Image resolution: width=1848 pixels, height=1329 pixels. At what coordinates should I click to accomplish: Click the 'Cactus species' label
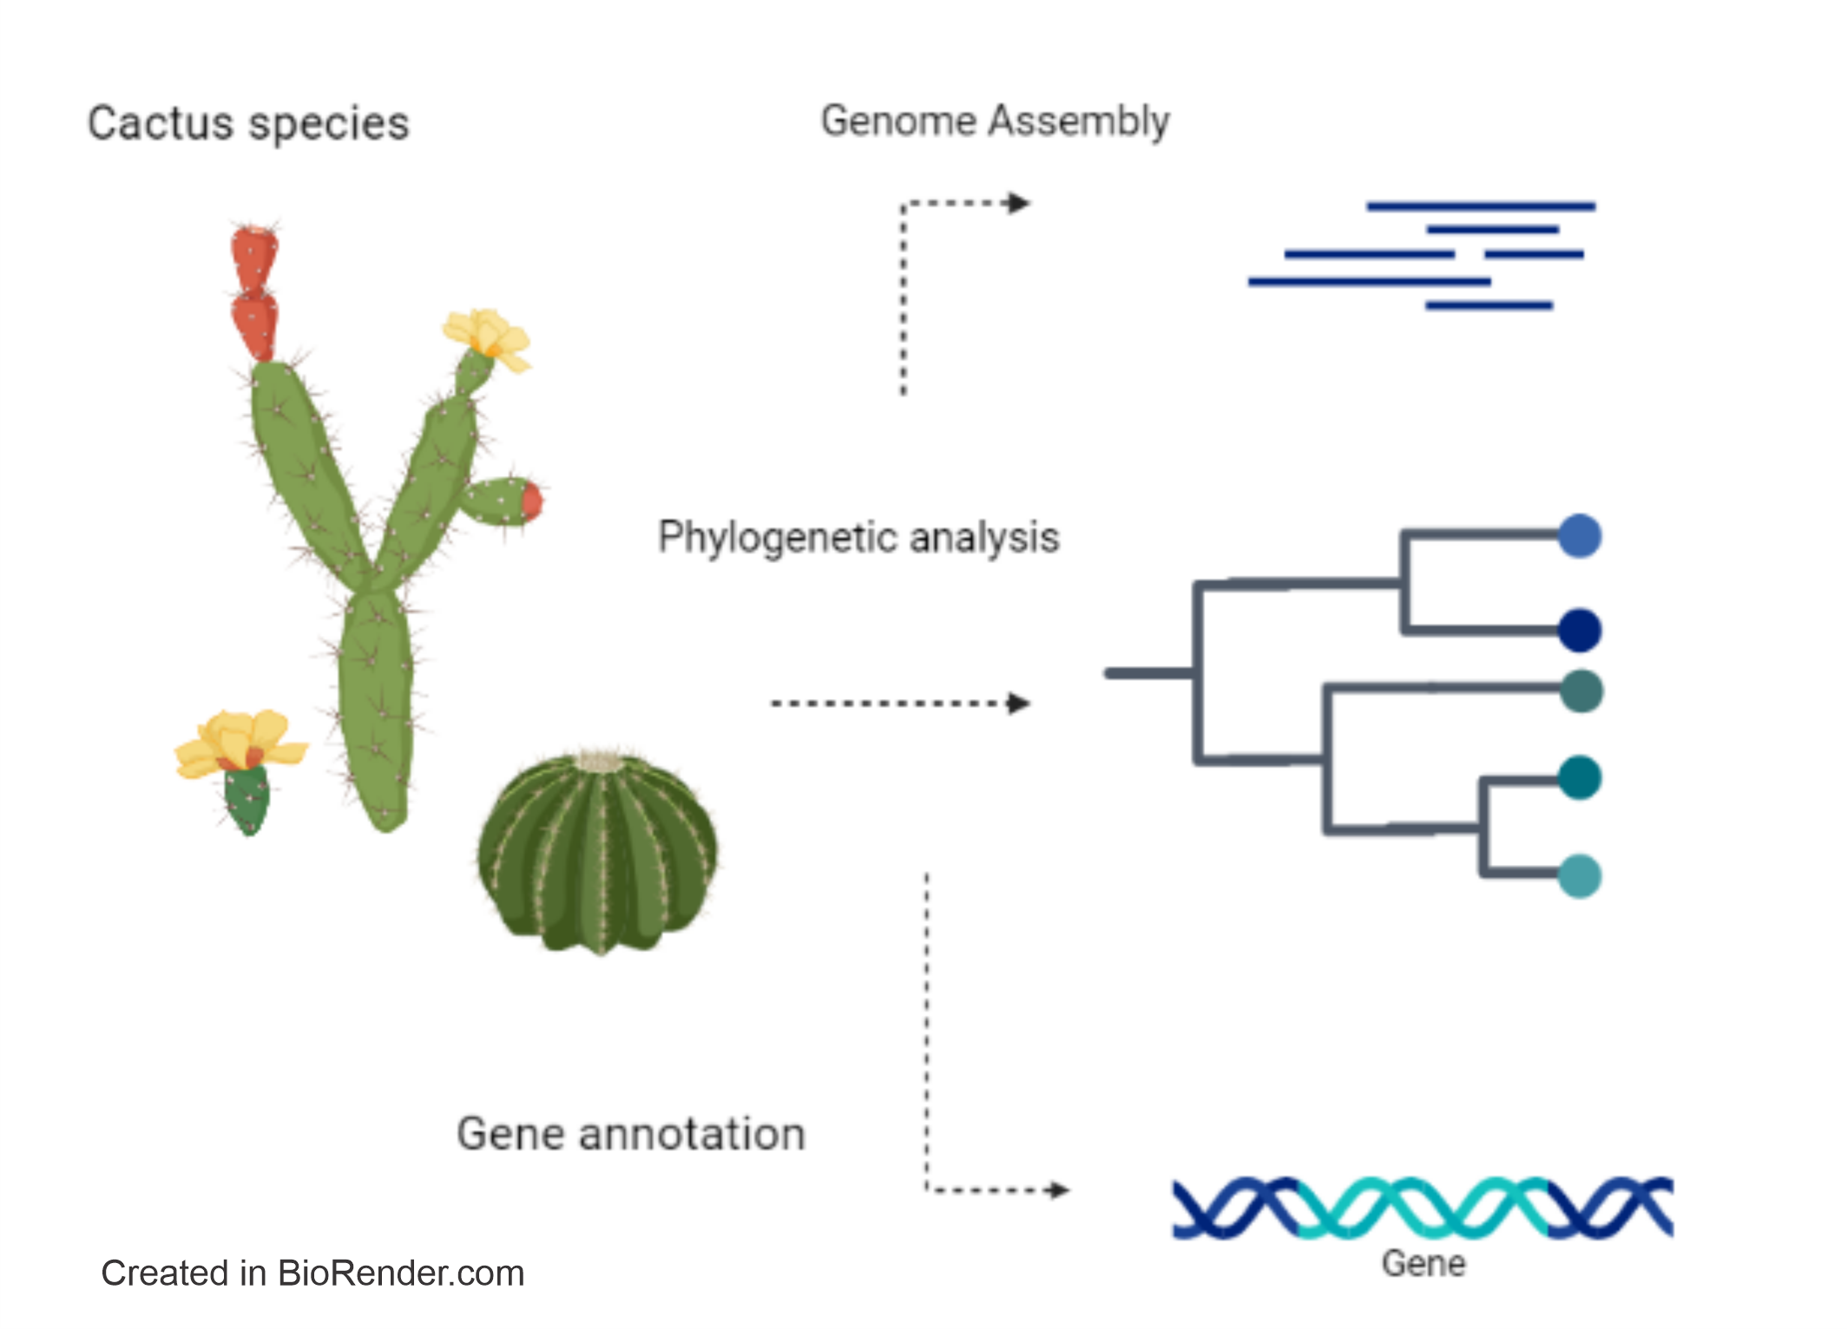(x=248, y=124)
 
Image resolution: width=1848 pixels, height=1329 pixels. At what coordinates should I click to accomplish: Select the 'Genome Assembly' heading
(x=995, y=121)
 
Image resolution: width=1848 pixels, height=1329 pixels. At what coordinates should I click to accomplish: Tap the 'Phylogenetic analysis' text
(x=858, y=538)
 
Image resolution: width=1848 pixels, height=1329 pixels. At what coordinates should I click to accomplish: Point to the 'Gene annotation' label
(x=631, y=1134)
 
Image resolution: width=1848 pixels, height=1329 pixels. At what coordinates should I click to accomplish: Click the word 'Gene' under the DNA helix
(x=1424, y=1264)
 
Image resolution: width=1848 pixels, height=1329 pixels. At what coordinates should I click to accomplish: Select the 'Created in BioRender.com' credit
(x=312, y=1273)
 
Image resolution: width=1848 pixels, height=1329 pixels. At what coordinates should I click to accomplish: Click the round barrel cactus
(x=598, y=852)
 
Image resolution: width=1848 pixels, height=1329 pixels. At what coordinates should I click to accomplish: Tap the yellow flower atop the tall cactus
(x=487, y=339)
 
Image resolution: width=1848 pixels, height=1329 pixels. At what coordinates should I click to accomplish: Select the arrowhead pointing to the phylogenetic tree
(x=1018, y=703)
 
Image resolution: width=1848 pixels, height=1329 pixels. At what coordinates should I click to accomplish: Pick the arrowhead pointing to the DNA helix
(x=1057, y=1189)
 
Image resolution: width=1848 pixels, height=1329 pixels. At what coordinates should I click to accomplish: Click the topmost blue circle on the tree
(x=1580, y=535)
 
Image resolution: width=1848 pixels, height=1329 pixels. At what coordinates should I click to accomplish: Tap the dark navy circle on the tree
(x=1580, y=630)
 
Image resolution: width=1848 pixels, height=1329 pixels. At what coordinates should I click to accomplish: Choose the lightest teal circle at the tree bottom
(x=1580, y=876)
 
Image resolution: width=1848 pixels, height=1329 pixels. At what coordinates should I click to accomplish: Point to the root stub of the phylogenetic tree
(x=1149, y=673)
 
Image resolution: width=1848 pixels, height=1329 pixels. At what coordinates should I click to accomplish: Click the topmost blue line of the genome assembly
(x=1481, y=206)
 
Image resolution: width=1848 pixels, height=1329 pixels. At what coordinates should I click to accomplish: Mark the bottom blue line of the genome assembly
(x=1489, y=305)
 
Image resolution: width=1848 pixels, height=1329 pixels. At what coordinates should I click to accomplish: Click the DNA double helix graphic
(x=1423, y=1207)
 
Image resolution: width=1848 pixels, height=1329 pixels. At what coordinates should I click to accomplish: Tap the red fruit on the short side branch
(x=531, y=501)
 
